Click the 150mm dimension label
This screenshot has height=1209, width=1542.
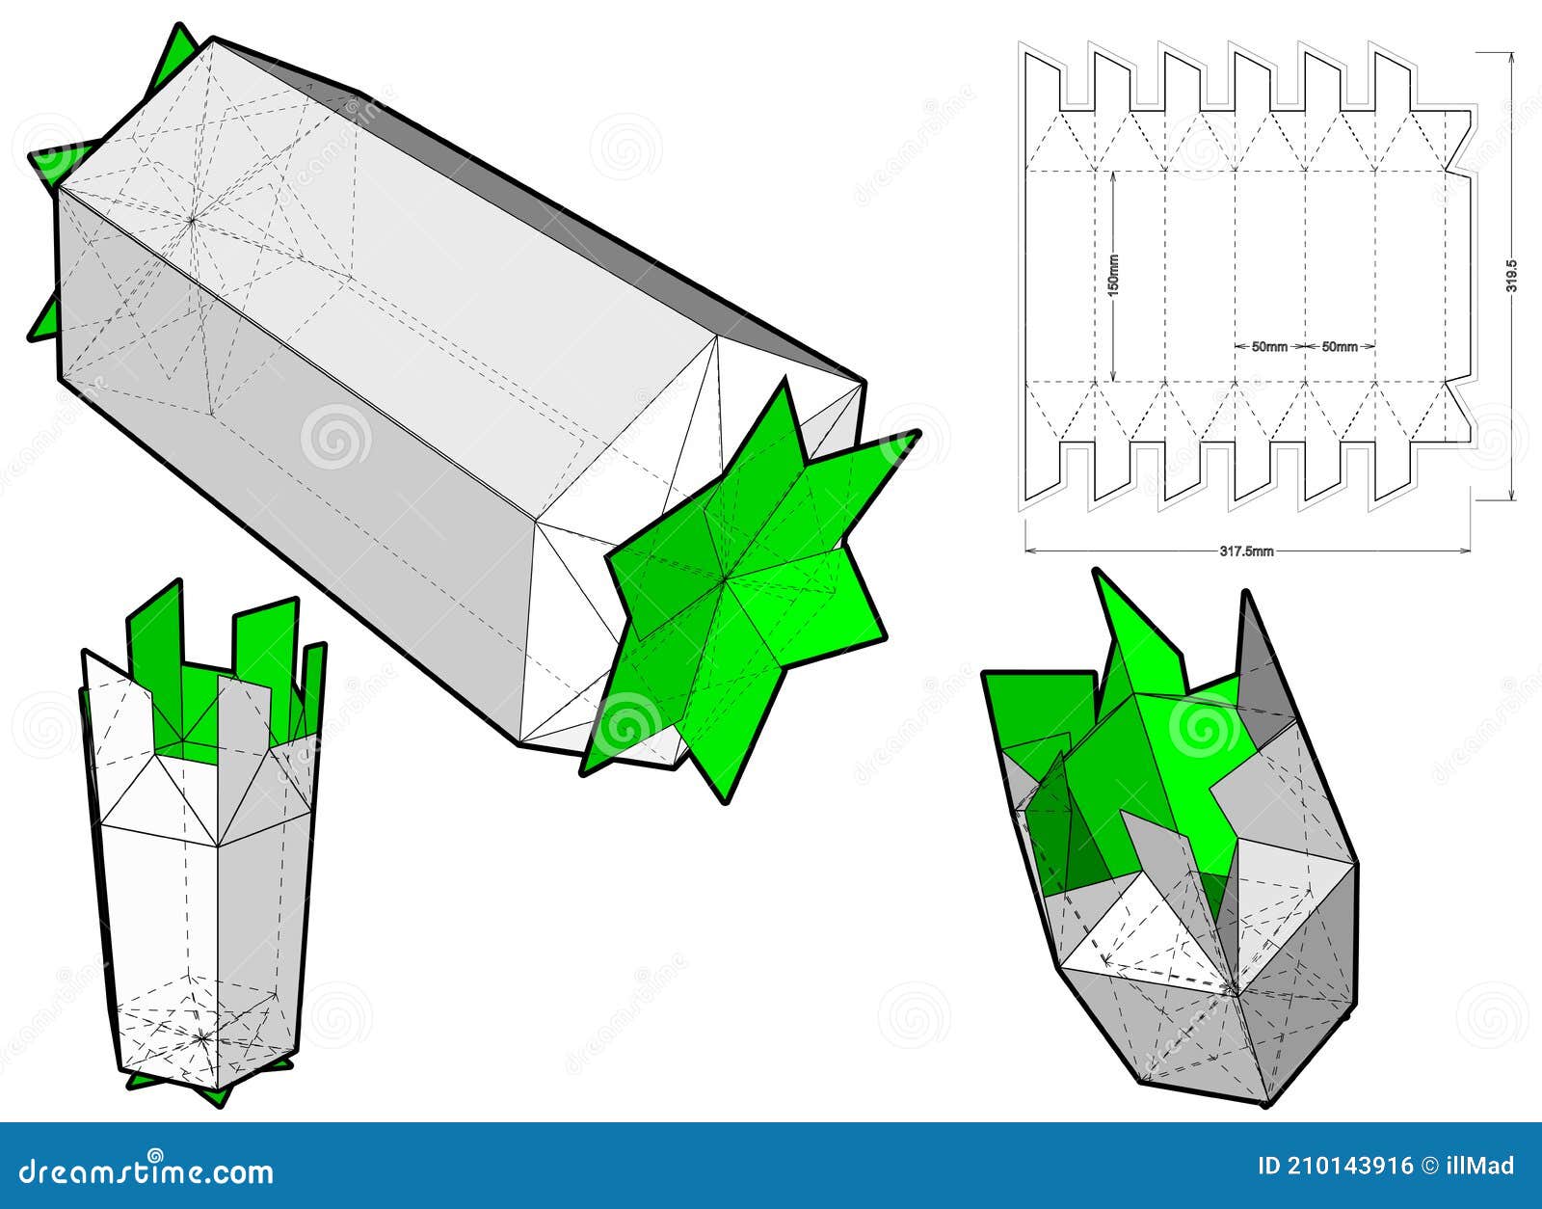click(x=1114, y=275)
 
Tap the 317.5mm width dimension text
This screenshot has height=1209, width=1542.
click(x=1246, y=552)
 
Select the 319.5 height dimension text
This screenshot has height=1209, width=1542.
click(x=1512, y=275)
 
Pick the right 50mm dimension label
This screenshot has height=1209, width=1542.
click(x=1340, y=346)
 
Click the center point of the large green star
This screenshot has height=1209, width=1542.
click(x=725, y=578)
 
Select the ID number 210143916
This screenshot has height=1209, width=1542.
click(x=1334, y=1166)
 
